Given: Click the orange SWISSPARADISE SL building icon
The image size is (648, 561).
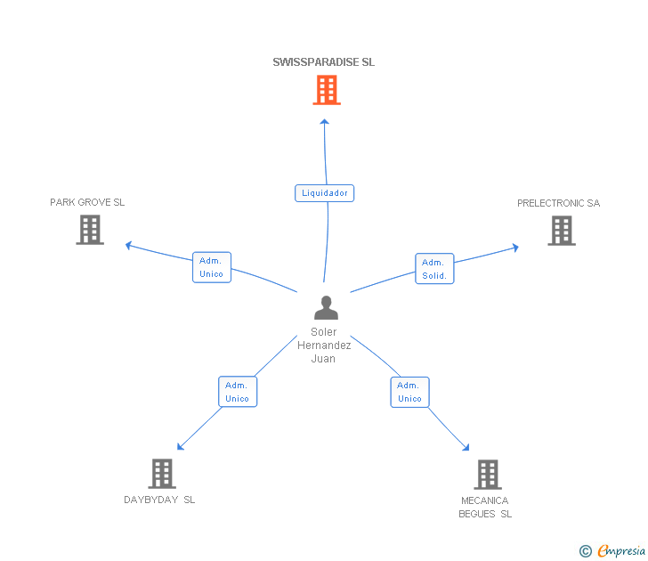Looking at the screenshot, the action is [x=327, y=90].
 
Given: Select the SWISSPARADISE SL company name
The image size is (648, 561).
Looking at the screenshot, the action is [x=324, y=62].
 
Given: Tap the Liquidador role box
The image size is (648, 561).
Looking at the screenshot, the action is [x=324, y=193].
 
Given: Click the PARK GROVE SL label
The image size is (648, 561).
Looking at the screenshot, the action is [x=87, y=202].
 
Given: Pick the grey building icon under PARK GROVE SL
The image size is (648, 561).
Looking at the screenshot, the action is [x=90, y=230].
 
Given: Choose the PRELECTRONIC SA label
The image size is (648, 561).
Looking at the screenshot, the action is [x=558, y=203].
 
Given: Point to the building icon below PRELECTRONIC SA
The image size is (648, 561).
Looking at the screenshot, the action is [x=562, y=231].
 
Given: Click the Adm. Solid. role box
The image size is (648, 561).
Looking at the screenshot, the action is [x=434, y=269].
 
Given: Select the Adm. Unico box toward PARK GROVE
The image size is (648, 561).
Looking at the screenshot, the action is [x=212, y=267].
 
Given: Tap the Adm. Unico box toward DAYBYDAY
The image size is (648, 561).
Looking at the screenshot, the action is [x=238, y=392].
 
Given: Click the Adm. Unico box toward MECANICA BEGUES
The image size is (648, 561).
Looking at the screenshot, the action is [x=410, y=392].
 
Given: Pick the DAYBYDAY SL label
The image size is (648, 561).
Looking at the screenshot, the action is [x=159, y=500].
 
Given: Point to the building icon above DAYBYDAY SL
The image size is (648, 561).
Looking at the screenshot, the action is [x=162, y=474].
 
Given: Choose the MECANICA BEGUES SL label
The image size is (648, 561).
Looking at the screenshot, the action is [x=485, y=508].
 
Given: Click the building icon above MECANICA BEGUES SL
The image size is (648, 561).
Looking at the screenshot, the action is [x=488, y=475].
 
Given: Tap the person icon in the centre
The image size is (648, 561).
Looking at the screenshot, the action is [x=326, y=307].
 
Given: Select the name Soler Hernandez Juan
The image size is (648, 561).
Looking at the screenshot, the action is [x=324, y=346].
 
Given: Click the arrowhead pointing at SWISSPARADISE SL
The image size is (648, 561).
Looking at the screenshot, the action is [x=324, y=121].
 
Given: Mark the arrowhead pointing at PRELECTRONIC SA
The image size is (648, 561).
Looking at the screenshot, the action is [x=515, y=248].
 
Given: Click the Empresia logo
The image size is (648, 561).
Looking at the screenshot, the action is [x=612, y=551].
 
